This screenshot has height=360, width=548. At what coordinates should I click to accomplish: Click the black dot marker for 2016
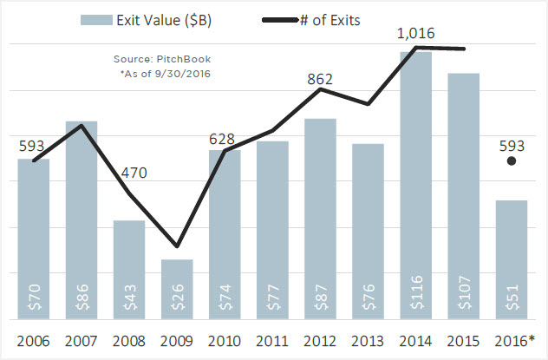[512, 160]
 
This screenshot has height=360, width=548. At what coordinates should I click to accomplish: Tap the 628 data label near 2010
[225, 138]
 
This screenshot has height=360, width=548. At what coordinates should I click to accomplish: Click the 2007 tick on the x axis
[82, 340]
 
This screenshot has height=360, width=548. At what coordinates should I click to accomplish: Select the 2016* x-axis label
[513, 340]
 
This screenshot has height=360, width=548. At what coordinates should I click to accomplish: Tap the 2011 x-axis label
[272, 340]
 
